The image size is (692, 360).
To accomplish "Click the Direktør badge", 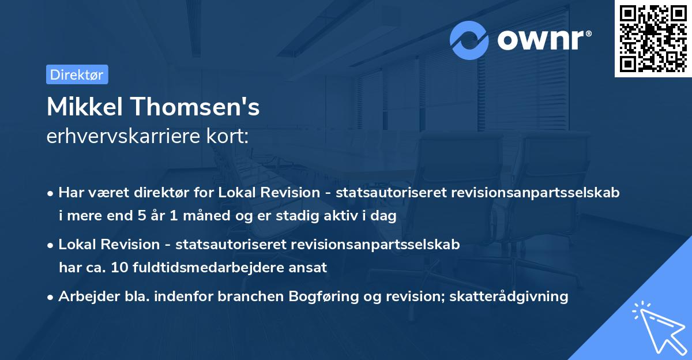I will [77, 74].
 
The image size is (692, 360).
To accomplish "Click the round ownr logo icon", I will [469, 40].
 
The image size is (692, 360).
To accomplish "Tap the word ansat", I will [310, 267].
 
